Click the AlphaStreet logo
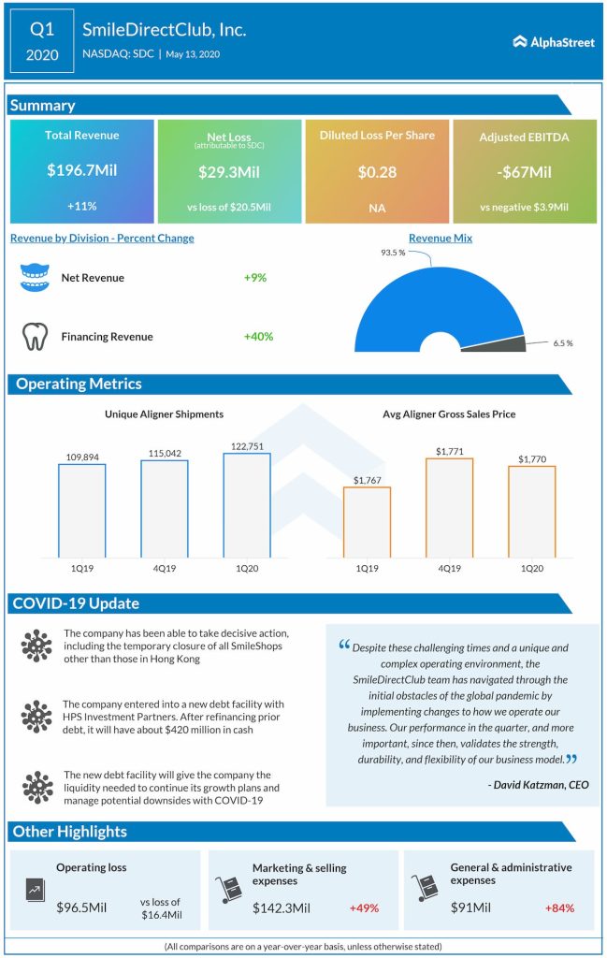(x=554, y=42)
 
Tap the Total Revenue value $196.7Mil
(x=82, y=171)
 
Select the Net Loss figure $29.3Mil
(x=229, y=171)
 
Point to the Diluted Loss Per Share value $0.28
(x=377, y=171)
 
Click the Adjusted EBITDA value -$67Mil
(x=524, y=171)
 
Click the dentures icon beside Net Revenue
(x=35, y=278)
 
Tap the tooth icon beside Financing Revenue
(x=35, y=337)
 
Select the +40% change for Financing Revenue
(x=258, y=337)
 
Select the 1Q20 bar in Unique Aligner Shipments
(x=246, y=506)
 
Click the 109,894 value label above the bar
(x=82, y=457)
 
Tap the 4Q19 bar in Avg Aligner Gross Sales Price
(x=449, y=509)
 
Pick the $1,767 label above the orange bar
(x=367, y=480)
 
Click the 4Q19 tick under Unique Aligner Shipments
(x=165, y=567)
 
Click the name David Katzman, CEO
(x=539, y=785)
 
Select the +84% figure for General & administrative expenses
(x=559, y=907)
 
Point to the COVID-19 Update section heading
(x=77, y=603)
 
